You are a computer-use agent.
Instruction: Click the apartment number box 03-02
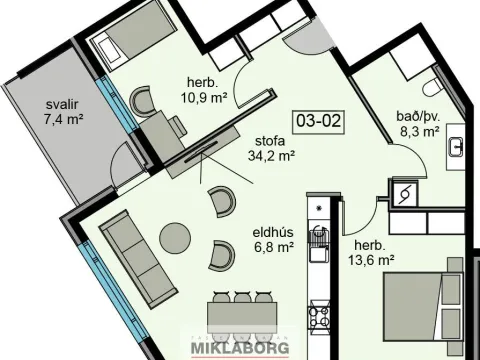click(319, 120)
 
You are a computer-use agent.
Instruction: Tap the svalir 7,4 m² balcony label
click(63, 111)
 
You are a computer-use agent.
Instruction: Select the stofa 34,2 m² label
click(271, 148)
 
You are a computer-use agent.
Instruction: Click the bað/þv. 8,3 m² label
click(419, 124)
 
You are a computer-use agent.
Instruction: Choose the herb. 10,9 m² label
click(204, 90)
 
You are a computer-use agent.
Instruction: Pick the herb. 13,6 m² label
click(371, 253)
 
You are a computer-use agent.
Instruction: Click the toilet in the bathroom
click(432, 87)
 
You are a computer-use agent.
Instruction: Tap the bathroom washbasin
click(456, 147)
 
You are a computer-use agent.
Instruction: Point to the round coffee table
click(175, 238)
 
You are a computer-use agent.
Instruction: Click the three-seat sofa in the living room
click(138, 259)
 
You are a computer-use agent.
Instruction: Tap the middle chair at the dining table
click(242, 297)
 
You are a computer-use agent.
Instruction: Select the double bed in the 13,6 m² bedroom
click(423, 302)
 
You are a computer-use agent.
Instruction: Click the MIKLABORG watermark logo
click(240, 347)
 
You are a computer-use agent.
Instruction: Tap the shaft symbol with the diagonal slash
click(406, 192)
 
